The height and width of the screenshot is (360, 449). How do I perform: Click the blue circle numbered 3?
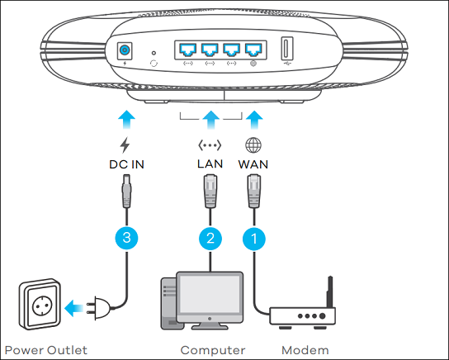126,238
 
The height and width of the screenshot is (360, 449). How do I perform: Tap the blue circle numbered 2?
210,239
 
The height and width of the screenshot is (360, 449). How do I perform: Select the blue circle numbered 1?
254,239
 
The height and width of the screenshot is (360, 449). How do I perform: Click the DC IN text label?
126,164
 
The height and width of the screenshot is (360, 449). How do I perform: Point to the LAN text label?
210,163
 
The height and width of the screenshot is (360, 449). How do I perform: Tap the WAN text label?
253,164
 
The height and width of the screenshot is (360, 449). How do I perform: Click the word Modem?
305,350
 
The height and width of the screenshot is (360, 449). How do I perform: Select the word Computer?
213,350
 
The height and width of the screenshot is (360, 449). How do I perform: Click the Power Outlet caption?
46,350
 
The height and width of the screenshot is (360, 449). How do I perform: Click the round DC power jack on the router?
125,50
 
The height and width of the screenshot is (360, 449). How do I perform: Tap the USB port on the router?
287,48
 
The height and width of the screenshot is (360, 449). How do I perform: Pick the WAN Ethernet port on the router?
253,50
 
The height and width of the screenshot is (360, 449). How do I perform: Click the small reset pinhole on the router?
154,53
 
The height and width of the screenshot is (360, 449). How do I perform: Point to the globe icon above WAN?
253,145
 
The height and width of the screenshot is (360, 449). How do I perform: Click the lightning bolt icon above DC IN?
125,145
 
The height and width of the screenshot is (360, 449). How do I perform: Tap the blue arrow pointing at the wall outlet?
74,308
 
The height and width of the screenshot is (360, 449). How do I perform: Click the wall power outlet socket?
40,304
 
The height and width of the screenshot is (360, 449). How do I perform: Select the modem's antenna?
330,292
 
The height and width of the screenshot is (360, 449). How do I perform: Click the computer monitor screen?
210,294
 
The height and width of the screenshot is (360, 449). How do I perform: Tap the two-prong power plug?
99,308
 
